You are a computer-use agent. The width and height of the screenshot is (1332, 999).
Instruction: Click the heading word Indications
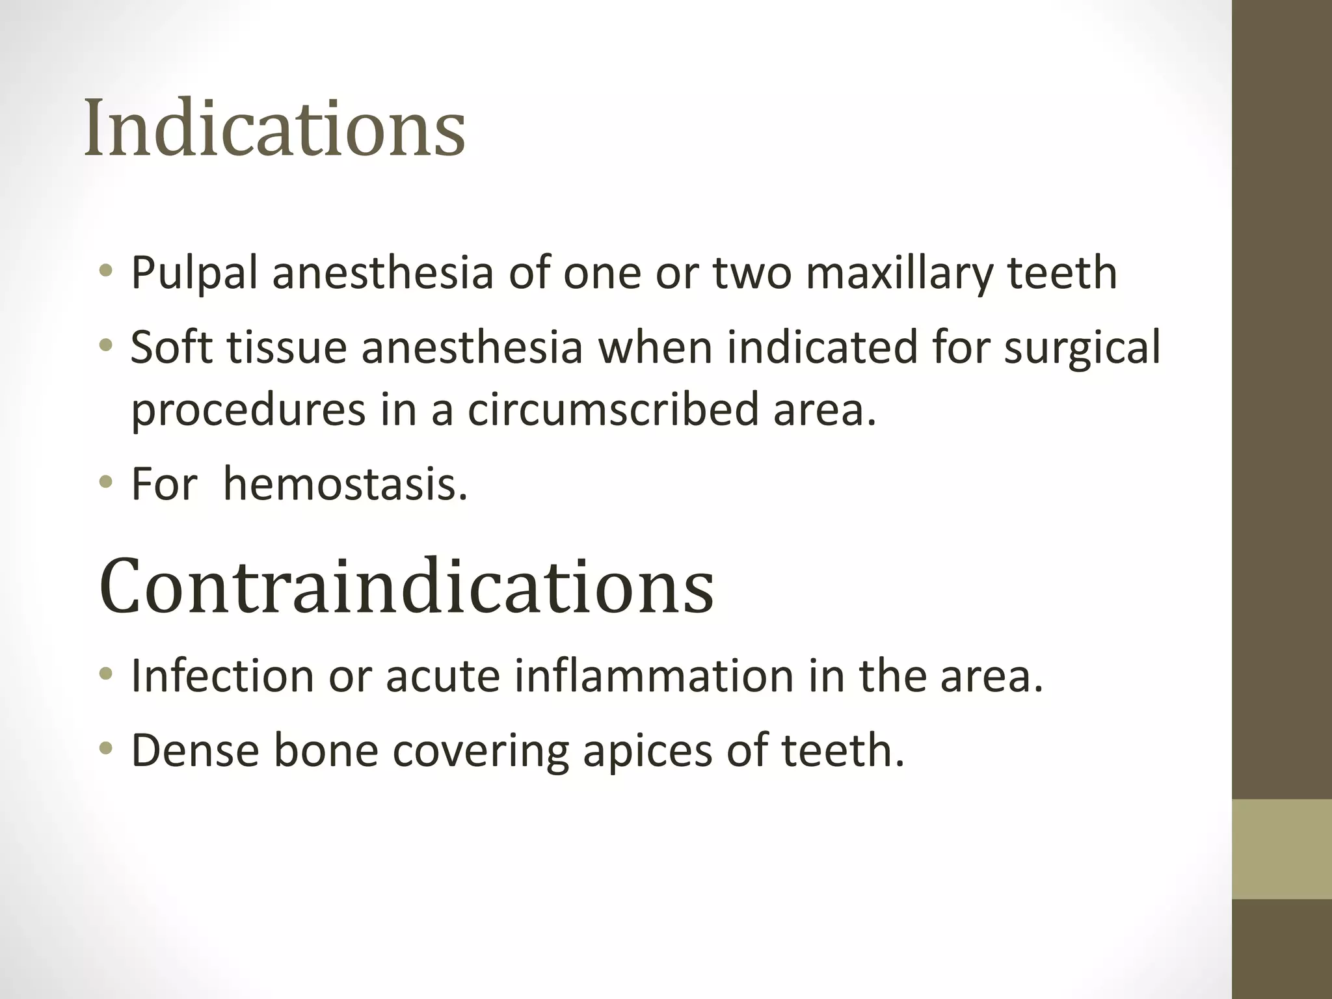coord(274,128)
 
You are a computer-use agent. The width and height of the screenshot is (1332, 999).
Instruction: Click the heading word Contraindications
coord(406,587)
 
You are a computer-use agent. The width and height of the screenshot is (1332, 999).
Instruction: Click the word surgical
coord(1082,348)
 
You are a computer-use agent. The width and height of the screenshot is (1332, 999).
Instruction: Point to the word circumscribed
coord(613,410)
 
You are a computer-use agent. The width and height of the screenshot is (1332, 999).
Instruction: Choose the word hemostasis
coord(345,485)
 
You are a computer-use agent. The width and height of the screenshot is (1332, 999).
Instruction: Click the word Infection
coord(222,676)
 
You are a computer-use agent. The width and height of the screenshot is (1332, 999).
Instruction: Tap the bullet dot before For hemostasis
coord(106,483)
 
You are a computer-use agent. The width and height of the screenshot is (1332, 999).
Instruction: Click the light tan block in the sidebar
coord(1282,849)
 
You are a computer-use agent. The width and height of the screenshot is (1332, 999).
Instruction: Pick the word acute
coord(443,676)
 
